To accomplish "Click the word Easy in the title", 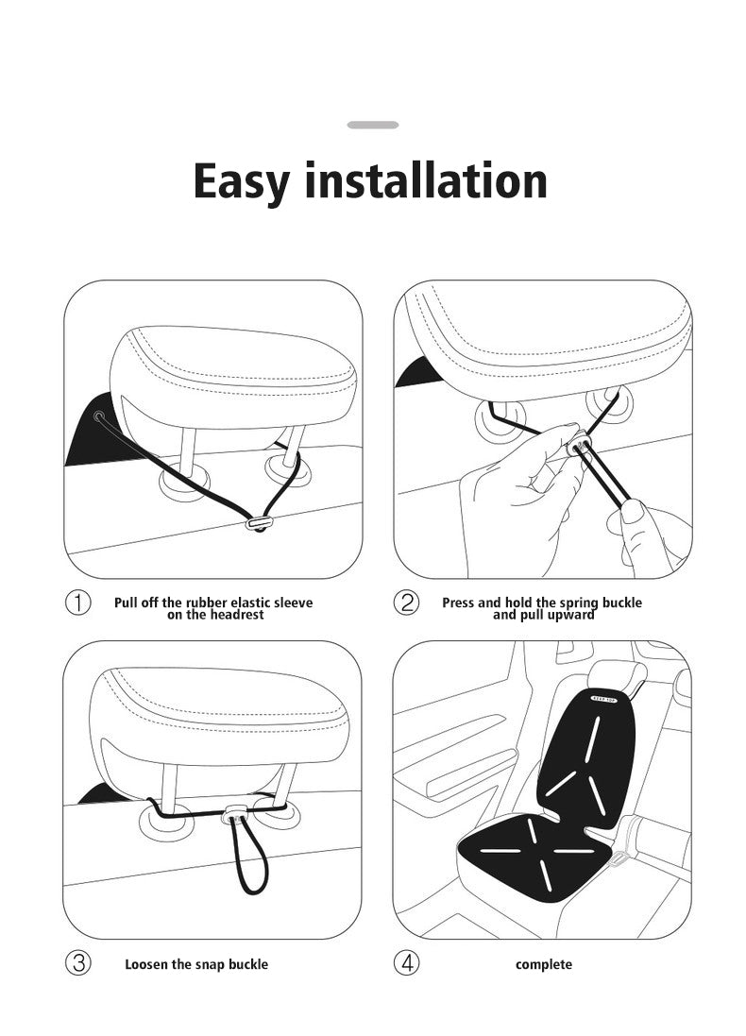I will (241, 180).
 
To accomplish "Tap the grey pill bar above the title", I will (372, 125).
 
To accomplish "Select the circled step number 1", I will (77, 603).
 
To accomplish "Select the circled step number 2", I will (406, 603).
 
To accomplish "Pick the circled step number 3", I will (77, 963).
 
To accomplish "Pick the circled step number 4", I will (406, 963).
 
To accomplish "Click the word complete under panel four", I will (543, 964).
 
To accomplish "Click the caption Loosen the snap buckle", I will (196, 964).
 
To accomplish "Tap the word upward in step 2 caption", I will (569, 615).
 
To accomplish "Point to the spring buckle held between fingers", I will (577, 443).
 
